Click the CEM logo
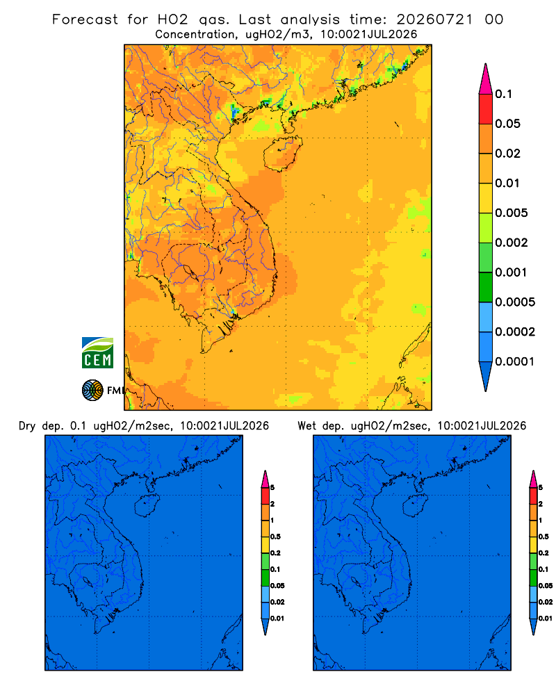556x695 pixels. click(x=97, y=352)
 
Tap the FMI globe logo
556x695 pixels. click(x=92, y=390)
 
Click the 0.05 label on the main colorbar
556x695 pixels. click(x=507, y=124)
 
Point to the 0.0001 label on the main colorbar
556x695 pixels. click(x=515, y=361)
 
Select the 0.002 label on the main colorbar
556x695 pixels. click(x=512, y=243)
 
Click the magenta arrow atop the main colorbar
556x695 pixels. click(x=486, y=79)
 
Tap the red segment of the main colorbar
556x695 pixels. click(x=486, y=109)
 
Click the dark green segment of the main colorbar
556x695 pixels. click(x=486, y=287)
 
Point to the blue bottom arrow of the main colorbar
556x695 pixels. click(x=486, y=377)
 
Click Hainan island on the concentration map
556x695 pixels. click(x=282, y=154)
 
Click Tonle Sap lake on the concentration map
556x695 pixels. click(x=188, y=271)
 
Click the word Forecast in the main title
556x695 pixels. click(x=85, y=19)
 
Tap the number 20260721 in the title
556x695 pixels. click(x=434, y=19)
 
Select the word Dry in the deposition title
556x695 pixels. click(x=27, y=426)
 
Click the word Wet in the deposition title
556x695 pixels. click(x=306, y=426)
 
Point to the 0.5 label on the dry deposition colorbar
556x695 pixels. click(x=275, y=537)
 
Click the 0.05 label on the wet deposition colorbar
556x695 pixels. click(x=546, y=585)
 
